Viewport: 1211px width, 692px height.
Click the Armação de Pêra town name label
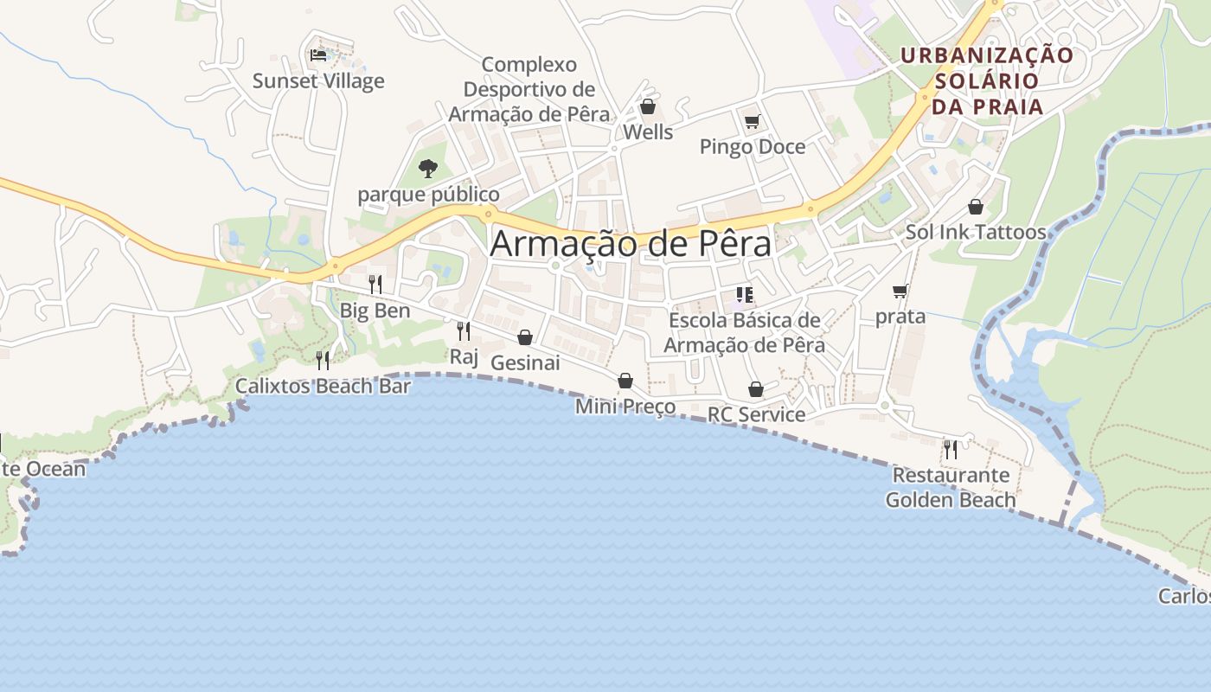(631, 245)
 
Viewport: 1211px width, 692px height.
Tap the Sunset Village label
(318, 81)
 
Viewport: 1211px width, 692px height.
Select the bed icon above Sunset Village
(318, 55)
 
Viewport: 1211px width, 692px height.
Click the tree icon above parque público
(427, 168)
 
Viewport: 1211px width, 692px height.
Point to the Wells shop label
(648, 132)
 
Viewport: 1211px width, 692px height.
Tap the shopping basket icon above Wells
(647, 106)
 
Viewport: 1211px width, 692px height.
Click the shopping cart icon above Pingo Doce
(752, 122)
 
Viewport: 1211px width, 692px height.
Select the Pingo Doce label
(752, 147)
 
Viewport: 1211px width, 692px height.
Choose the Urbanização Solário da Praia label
(987, 81)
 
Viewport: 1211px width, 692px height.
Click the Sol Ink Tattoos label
(976, 232)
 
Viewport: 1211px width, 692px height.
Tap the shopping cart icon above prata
(900, 292)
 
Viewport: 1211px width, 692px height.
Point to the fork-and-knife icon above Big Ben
(375, 284)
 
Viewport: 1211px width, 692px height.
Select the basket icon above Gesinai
(525, 337)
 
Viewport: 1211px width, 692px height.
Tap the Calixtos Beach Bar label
(323, 386)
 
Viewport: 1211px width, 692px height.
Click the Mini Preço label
(625, 407)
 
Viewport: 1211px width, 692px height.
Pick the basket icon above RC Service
(755, 389)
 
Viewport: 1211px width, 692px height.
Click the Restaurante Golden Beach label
(951, 488)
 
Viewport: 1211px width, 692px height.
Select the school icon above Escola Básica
(745, 295)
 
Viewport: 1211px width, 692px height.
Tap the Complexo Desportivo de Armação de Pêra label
(529, 89)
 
